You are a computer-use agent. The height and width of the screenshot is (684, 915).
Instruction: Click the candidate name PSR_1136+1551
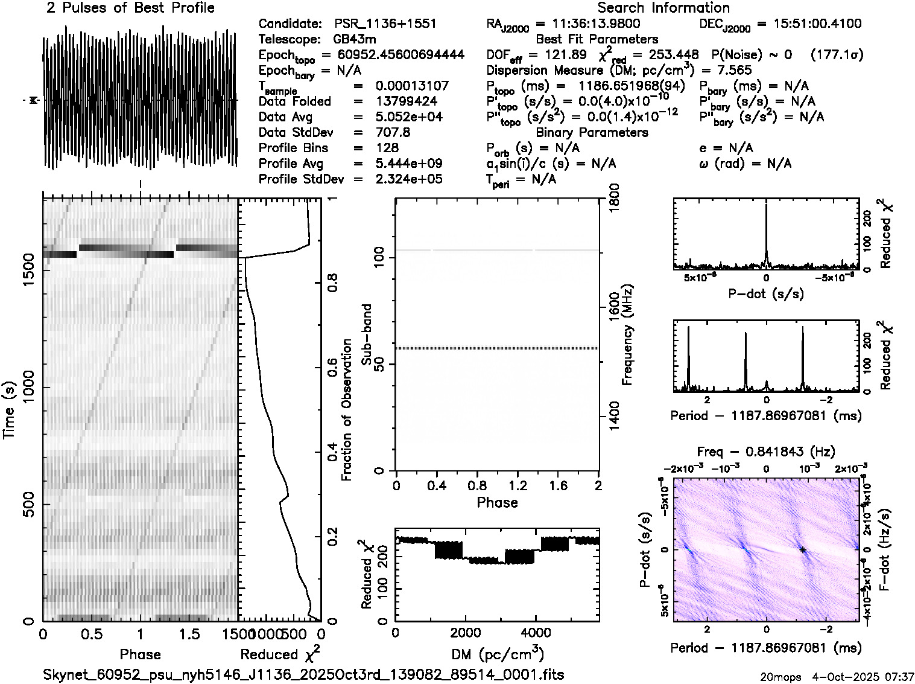click(x=385, y=24)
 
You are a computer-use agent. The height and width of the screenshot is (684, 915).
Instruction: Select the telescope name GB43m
click(x=355, y=39)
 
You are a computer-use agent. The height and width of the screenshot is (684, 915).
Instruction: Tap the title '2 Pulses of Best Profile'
click(x=130, y=8)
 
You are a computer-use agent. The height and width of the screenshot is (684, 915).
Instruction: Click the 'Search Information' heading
click(x=663, y=8)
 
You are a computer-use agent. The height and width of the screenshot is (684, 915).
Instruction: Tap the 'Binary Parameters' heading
click(x=592, y=132)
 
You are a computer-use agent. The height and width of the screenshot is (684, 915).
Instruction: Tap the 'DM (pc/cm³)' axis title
click(x=498, y=654)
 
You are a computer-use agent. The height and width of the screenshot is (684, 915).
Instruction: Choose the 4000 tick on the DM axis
click(x=535, y=633)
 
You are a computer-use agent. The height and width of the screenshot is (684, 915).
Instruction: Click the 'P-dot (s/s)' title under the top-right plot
click(x=766, y=294)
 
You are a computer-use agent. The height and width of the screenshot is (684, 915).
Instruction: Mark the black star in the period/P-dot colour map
click(x=803, y=549)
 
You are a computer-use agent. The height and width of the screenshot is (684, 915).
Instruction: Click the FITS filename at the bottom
click(x=303, y=674)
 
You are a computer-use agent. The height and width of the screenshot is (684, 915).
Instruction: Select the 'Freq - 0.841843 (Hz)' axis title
click(x=766, y=452)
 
